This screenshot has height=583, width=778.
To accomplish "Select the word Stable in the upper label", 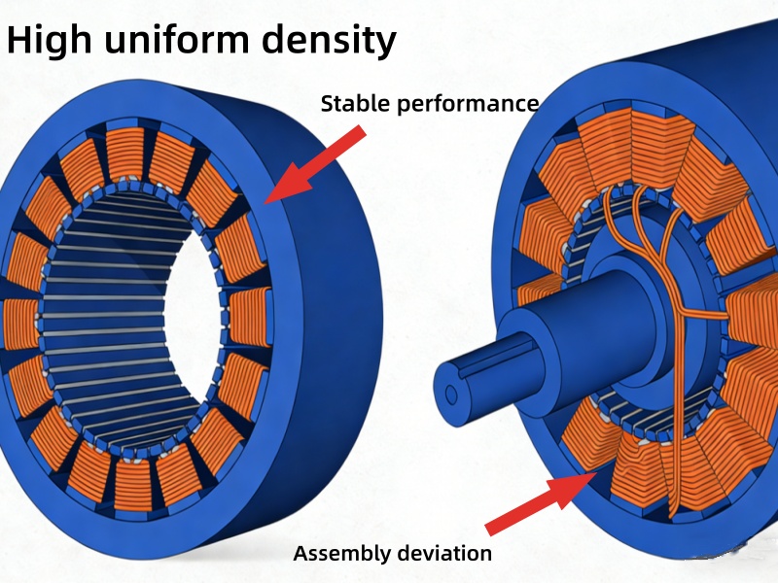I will click(351, 103).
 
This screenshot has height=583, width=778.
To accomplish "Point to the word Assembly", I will click(341, 554).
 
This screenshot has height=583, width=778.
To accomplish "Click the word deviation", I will click(444, 554).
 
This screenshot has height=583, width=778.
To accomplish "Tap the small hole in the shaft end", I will click(451, 394).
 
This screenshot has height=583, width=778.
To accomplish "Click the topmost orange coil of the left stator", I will click(125, 154).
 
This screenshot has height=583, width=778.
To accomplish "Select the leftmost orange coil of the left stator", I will click(21, 326).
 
